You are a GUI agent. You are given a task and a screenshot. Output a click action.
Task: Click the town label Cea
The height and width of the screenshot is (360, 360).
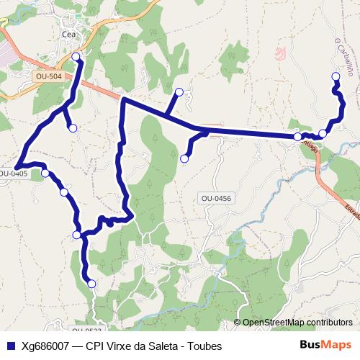(x=69, y=34)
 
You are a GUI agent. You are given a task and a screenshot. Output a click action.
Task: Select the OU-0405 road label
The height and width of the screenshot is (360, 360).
(x=12, y=174)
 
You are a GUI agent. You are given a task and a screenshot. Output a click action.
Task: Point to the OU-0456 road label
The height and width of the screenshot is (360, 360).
(x=216, y=198)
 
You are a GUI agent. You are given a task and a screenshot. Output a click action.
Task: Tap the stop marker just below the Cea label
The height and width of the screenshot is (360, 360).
(x=76, y=56)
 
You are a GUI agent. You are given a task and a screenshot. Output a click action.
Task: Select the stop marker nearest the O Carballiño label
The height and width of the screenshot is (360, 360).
(x=335, y=76)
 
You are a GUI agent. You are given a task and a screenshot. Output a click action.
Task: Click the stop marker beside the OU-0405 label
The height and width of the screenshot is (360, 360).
(x=45, y=173)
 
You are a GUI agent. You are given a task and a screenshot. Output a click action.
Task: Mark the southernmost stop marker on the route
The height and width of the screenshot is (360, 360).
(x=91, y=284)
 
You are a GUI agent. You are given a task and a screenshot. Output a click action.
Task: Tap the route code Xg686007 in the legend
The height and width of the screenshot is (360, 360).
(x=45, y=346)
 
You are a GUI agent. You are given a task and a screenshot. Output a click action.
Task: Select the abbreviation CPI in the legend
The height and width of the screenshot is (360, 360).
(x=95, y=346)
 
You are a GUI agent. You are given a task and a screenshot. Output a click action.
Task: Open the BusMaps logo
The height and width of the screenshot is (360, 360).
(x=325, y=345)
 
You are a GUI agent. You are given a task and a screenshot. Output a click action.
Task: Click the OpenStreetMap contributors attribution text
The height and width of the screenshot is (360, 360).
(x=297, y=323)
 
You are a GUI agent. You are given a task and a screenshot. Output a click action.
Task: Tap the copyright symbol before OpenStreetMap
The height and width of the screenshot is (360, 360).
(x=238, y=323)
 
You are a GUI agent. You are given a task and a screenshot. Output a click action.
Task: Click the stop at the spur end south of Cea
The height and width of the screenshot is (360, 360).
(x=72, y=128)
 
